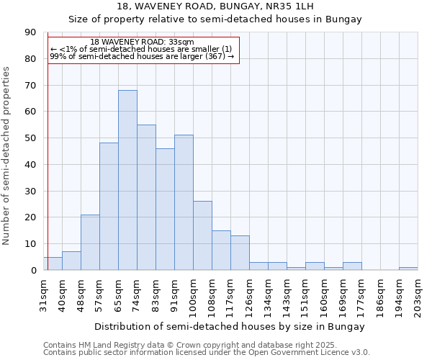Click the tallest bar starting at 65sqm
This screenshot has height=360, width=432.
tap(127, 180)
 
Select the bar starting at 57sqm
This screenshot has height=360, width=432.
tap(109, 207)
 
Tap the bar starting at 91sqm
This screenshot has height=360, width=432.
tap(184, 202)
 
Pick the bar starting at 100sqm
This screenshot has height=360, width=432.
tap(202, 235)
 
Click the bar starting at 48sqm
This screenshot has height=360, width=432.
tap(90, 242)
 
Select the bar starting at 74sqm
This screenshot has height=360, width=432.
tap(146, 197)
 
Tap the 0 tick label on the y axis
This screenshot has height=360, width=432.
tap(33, 270)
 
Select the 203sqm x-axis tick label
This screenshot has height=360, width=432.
tap(418, 294)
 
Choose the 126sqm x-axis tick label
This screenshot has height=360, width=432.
tap(250, 294)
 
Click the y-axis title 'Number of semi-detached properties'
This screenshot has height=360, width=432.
tap(7, 155)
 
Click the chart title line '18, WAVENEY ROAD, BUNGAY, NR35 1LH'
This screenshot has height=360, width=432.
tap(215, 6)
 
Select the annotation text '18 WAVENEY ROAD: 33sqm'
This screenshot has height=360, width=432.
tap(142, 42)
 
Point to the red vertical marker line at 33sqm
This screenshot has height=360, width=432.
tap(48, 158)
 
